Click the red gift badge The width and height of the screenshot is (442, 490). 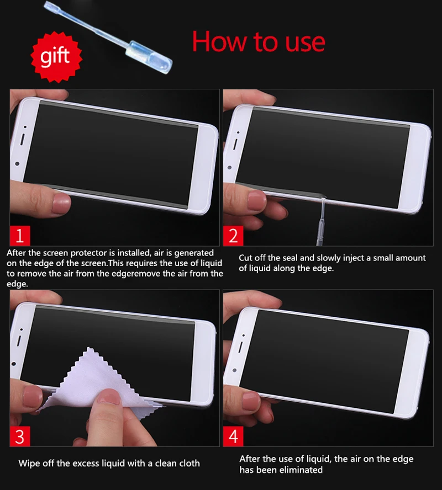point(56,57)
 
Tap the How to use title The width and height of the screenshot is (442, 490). point(259,42)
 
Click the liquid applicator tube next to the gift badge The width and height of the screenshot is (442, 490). point(108,37)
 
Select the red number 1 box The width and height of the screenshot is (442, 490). point(20,236)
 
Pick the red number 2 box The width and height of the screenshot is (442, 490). point(233,236)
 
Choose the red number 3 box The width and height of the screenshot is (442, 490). point(20,436)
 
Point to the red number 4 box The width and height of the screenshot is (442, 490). point(233,436)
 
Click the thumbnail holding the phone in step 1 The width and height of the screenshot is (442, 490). point(61,203)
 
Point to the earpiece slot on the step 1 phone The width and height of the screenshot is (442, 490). point(22,140)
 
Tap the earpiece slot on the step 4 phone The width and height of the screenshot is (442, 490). point(241,347)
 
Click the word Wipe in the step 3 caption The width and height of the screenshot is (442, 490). point(29,464)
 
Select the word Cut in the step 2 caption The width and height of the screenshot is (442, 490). point(245,258)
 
